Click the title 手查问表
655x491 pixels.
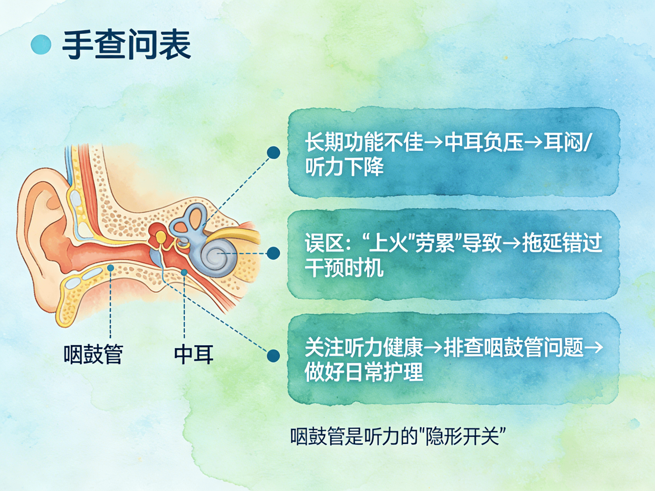click(126, 44)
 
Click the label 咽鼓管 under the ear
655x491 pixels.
click(93, 354)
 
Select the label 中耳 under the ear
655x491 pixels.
click(194, 354)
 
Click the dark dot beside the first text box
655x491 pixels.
click(273, 153)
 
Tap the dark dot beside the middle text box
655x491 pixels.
click(273, 253)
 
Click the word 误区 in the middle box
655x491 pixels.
click(324, 243)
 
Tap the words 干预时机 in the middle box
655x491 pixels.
click(344, 268)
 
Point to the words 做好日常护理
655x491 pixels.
click(364, 372)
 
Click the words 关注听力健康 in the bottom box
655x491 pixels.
click(364, 347)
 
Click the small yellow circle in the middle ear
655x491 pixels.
click(161, 237)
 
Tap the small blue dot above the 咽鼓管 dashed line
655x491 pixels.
click(111, 268)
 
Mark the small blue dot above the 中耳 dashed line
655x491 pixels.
click(184, 272)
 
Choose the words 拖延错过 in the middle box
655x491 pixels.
click(562, 243)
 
